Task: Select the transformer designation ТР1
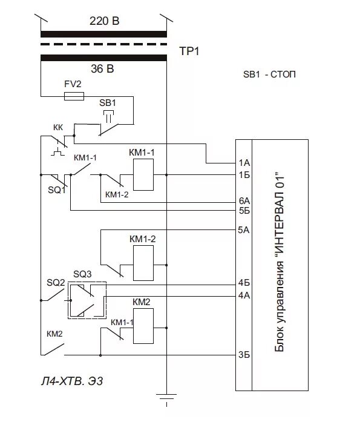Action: click(x=189, y=51)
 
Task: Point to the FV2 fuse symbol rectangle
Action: click(x=73, y=96)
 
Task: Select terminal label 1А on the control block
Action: click(x=244, y=163)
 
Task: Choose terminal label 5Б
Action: click(x=244, y=211)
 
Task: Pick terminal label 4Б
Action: click(x=244, y=283)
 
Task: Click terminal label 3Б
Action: click(x=244, y=355)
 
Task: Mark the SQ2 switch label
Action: click(x=56, y=283)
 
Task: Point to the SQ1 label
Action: click(x=56, y=190)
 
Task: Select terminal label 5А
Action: click(x=244, y=230)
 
